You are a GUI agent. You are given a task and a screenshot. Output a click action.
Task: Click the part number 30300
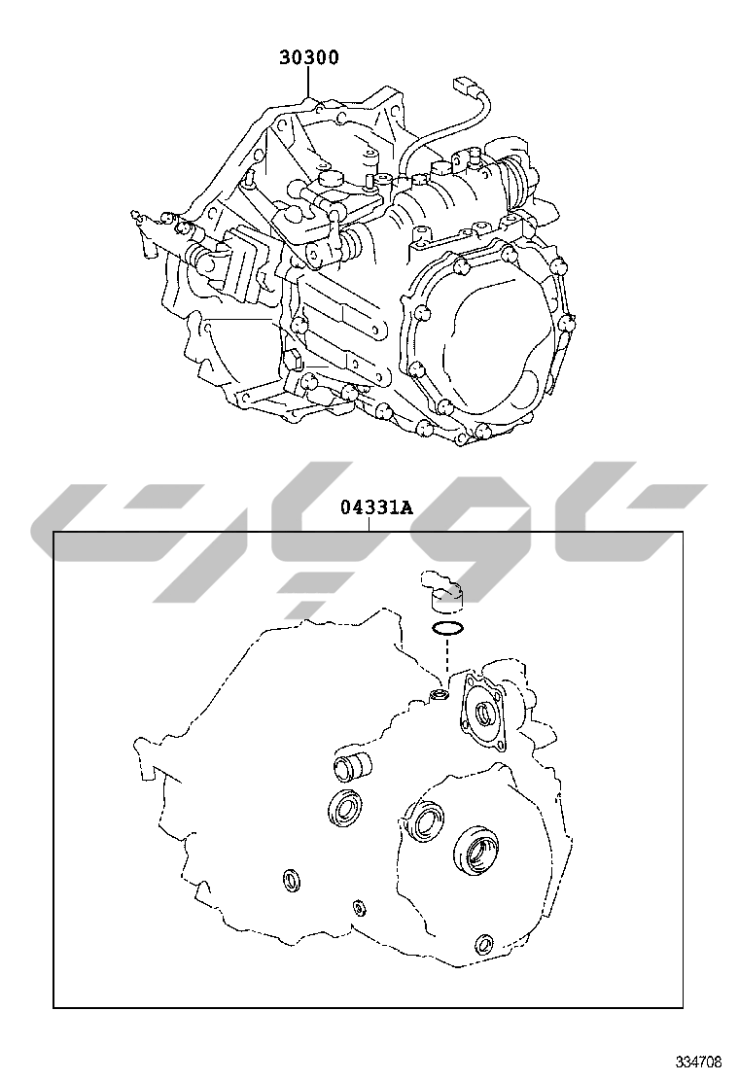pos(309,57)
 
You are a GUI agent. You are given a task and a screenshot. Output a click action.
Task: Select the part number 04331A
pos(376,506)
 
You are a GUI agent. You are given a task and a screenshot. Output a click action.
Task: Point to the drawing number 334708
pos(699,1061)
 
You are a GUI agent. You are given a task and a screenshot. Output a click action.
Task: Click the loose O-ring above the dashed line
pos(446,629)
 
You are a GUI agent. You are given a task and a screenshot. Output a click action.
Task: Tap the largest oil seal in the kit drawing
pos(476,851)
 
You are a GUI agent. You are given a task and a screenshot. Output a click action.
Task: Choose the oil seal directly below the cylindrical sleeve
pos(344,810)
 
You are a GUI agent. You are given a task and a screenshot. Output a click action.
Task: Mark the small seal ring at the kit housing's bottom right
pos(483,944)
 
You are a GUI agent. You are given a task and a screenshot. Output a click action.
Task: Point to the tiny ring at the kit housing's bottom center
pos(360,908)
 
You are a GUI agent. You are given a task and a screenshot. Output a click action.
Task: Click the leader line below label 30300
pos(309,84)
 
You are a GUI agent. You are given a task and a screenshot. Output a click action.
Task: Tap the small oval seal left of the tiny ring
pos(291,881)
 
